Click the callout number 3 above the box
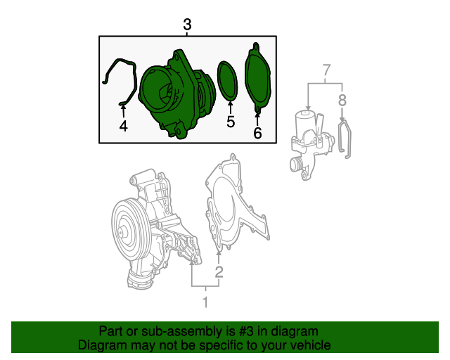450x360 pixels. click(187, 25)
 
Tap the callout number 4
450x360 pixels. click(124, 126)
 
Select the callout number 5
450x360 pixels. click(231, 122)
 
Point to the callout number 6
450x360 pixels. click(257, 133)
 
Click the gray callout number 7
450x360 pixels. click(326, 70)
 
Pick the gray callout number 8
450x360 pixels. click(342, 101)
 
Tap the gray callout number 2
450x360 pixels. click(219, 272)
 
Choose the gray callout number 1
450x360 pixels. click(205, 302)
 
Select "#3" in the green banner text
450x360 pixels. click(246, 331)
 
